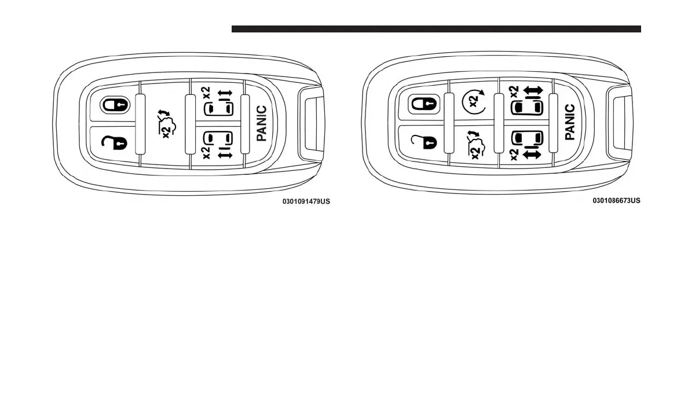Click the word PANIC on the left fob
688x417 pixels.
(x=261, y=123)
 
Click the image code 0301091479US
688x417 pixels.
(x=306, y=202)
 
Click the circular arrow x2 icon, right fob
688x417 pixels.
(x=472, y=103)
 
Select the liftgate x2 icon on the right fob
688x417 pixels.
(x=474, y=145)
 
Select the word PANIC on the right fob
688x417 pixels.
(x=570, y=122)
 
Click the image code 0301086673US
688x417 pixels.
(x=616, y=201)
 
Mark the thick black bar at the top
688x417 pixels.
(x=436, y=29)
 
